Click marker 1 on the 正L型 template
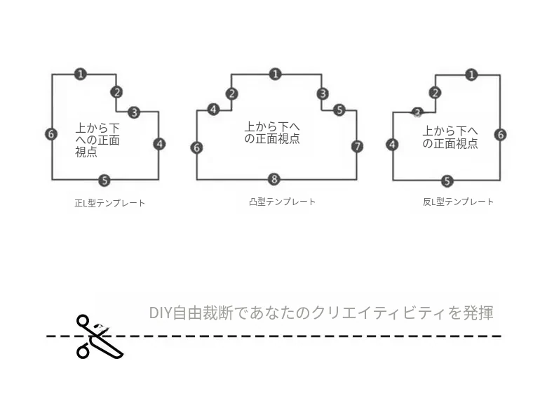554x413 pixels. point(81,74)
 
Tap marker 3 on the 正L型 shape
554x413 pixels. point(134,112)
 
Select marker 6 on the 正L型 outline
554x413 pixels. point(51,134)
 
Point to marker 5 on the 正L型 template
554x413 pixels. point(104,181)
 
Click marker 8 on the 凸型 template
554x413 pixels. point(274,179)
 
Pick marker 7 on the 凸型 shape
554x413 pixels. point(357,146)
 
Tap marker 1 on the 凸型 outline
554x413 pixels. point(275,74)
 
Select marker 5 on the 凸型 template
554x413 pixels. point(339,110)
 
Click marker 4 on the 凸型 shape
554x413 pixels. point(213,110)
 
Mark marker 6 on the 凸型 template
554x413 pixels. point(197,147)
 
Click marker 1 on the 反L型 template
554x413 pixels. point(471,74)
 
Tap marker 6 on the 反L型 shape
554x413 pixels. point(500,134)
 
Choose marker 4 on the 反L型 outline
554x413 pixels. point(392,145)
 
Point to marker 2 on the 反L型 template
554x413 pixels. point(435,93)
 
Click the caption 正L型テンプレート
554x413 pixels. point(110,203)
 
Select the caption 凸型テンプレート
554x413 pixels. point(282,202)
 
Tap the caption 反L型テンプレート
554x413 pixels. point(458,202)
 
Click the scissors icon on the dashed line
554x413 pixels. point(99,337)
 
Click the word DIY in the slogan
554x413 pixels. point(161,313)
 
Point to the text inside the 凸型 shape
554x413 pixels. point(272,133)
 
